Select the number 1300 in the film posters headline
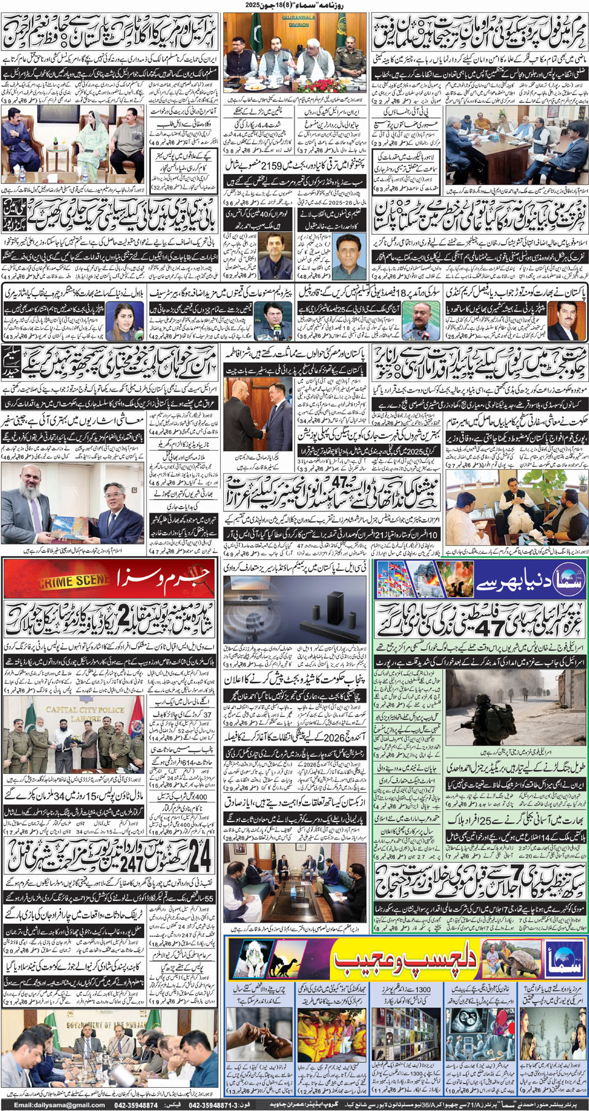[x=422, y=989]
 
